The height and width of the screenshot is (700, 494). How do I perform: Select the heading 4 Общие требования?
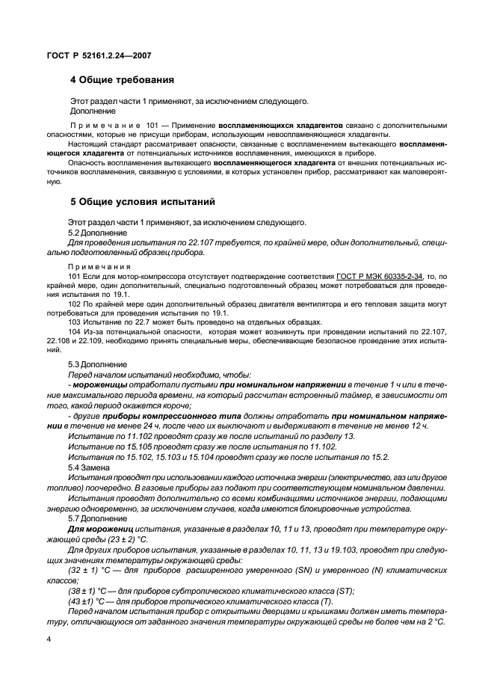[123, 79]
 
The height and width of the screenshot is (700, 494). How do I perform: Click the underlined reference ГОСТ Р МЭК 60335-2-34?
[379, 276]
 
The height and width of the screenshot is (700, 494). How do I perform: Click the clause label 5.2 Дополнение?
[97, 233]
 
